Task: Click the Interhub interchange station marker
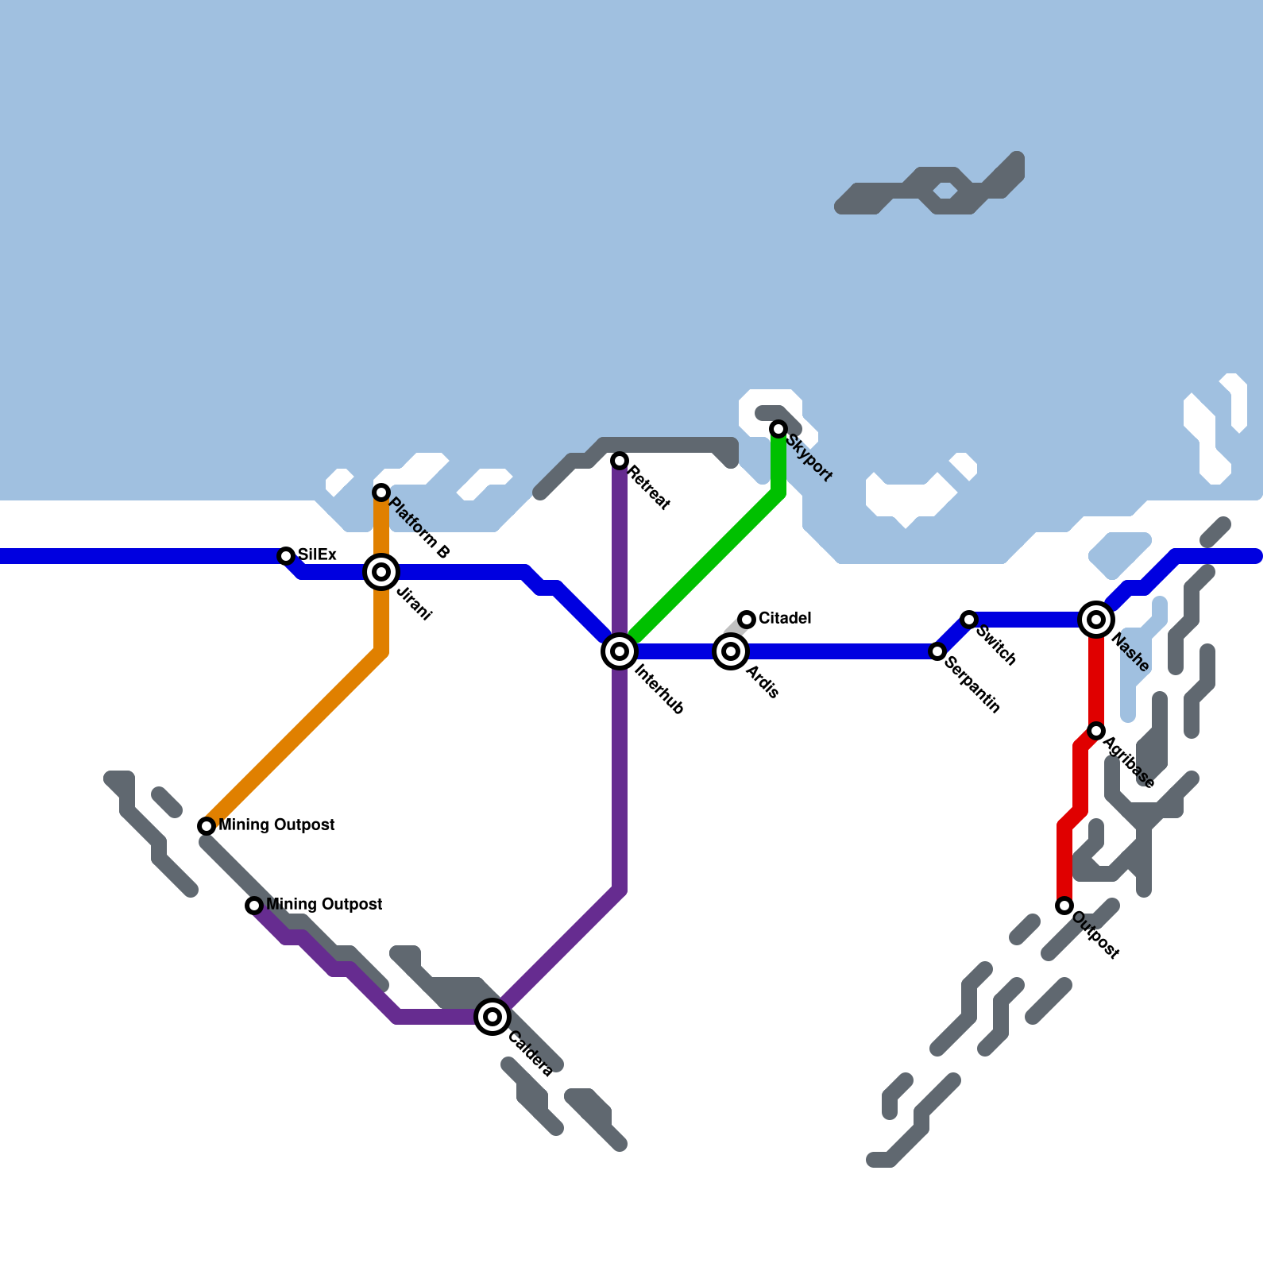click(x=620, y=651)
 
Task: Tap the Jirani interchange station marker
click(x=381, y=572)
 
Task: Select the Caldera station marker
click(x=493, y=1017)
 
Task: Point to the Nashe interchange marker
click(x=1096, y=620)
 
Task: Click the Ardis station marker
click(x=731, y=651)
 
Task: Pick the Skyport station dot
click(x=778, y=429)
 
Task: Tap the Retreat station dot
click(x=620, y=461)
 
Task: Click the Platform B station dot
click(x=381, y=493)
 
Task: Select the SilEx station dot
click(x=286, y=556)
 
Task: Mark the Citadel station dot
click(x=747, y=620)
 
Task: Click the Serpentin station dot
click(x=937, y=651)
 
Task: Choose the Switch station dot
click(x=969, y=620)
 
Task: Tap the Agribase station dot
click(x=1096, y=731)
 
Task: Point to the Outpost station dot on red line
click(x=1064, y=906)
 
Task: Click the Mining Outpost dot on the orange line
click(x=207, y=826)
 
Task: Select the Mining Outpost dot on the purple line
click(x=254, y=906)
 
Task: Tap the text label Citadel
click(x=785, y=618)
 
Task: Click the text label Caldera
click(x=530, y=1053)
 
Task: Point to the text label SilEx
click(x=317, y=554)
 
